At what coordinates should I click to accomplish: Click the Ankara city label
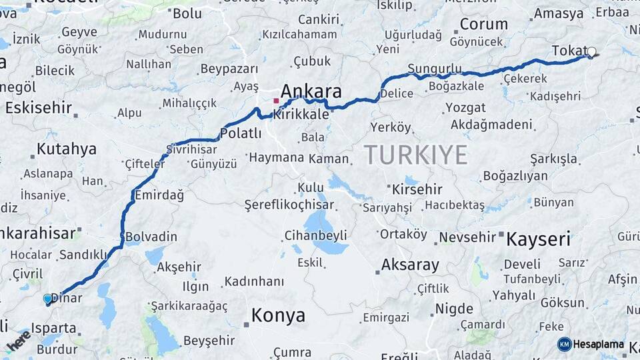click(x=311, y=91)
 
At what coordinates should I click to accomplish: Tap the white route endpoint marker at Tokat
click(x=591, y=51)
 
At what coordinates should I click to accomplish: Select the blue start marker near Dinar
click(x=47, y=299)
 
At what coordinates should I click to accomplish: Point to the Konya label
click(x=278, y=315)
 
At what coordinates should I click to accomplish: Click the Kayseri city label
click(x=539, y=239)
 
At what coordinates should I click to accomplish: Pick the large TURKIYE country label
click(x=416, y=155)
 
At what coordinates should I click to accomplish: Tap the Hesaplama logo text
click(x=598, y=345)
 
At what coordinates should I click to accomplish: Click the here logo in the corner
click(x=19, y=341)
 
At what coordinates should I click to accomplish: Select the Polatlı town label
click(x=240, y=133)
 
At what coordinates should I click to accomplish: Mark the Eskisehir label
click(x=38, y=107)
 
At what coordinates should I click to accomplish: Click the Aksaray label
click(x=410, y=265)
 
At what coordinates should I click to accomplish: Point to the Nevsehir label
click(x=467, y=237)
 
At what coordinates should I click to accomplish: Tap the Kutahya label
click(x=66, y=149)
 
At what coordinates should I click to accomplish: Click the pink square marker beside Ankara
click(x=276, y=101)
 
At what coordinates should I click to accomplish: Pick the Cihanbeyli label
click(x=315, y=235)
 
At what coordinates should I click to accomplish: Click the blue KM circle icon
click(x=565, y=344)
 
